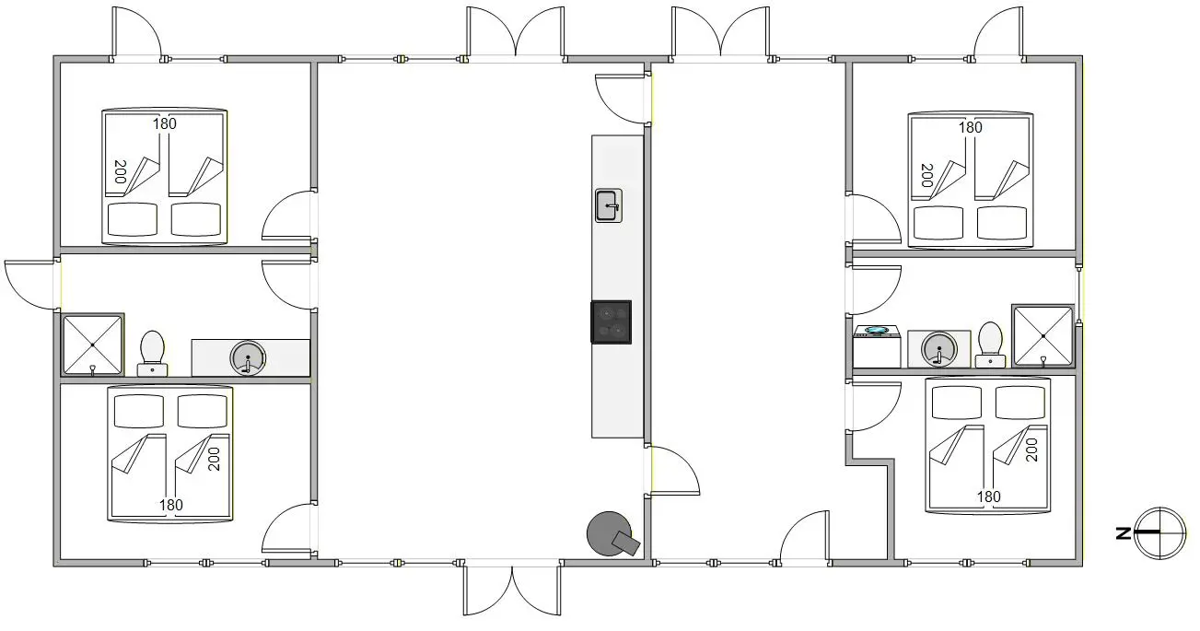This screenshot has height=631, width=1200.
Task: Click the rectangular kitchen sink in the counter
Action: click(608, 205)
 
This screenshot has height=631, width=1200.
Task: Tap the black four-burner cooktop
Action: click(612, 321)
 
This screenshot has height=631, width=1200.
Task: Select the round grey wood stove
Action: click(612, 534)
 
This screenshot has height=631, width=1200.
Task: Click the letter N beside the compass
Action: click(1123, 533)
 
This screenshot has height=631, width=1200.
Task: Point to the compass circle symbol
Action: click(1159, 533)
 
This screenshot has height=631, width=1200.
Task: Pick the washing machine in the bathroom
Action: click(877, 346)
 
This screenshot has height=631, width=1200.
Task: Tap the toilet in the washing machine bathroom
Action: click(990, 345)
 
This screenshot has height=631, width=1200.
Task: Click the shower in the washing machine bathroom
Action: click(1043, 336)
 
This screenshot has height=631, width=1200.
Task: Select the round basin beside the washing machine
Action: click(939, 349)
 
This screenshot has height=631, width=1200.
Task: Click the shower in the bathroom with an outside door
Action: click(93, 345)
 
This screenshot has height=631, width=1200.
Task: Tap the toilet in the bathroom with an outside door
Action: click(153, 354)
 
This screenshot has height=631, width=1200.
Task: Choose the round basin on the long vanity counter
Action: click(248, 357)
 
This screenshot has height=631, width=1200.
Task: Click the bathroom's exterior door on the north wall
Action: click(32, 285)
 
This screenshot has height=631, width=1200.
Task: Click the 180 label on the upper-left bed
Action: click(165, 123)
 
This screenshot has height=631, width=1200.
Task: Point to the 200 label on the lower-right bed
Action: click(1031, 450)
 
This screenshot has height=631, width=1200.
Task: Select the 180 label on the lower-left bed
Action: click(171, 505)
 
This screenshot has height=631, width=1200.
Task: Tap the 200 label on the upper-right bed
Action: click(927, 176)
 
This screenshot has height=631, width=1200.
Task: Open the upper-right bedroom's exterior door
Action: click(998, 33)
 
